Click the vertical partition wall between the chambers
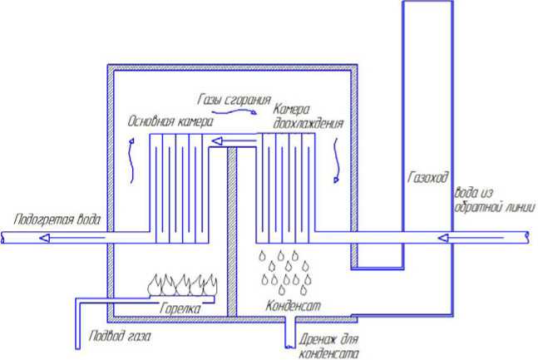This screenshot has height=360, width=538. click(x=233, y=233)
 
